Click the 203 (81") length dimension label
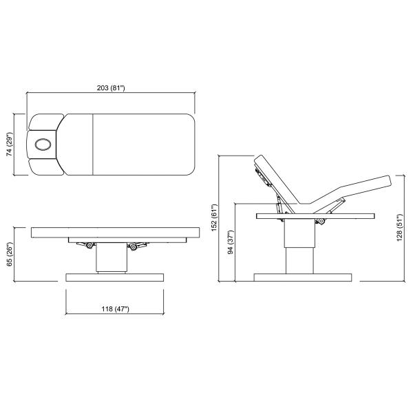(111, 87)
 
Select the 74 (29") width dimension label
(10, 145)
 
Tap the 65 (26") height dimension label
(10, 254)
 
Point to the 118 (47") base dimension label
(116, 308)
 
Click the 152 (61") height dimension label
(214, 218)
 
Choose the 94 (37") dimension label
(231, 242)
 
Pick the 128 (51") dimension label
(399, 228)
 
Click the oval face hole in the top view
(43, 145)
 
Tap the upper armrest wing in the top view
(46, 122)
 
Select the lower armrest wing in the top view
(46, 167)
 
